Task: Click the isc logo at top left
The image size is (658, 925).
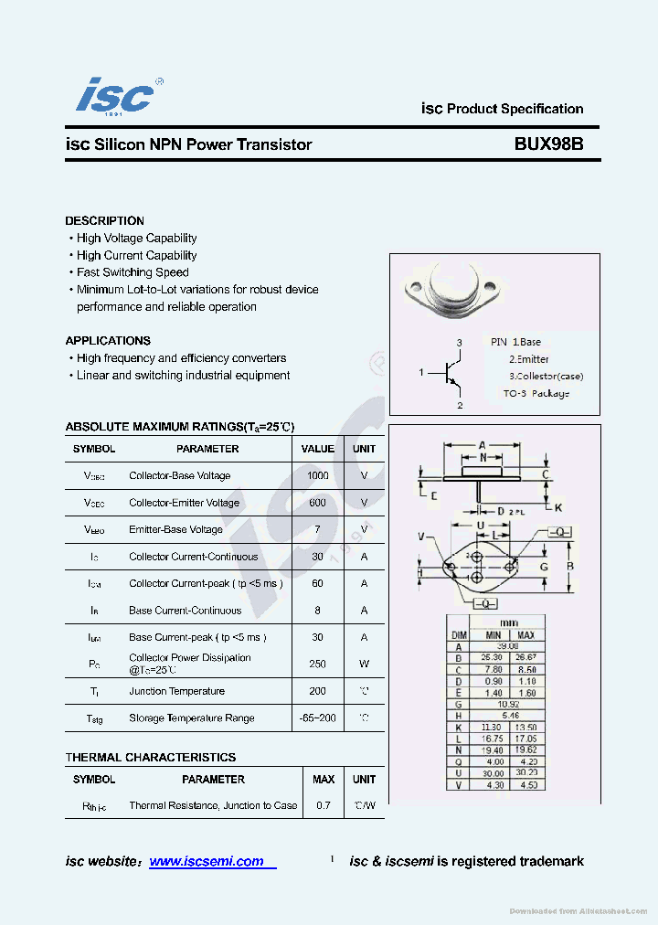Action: [x=116, y=95]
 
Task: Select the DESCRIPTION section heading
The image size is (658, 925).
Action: [x=104, y=221]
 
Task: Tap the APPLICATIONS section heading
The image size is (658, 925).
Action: [x=108, y=341]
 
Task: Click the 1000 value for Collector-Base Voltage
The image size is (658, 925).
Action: [x=318, y=476]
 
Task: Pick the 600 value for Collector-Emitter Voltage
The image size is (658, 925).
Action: [x=318, y=503]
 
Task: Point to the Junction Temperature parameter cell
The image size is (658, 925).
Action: [x=176, y=692]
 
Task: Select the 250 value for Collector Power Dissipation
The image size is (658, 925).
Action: [x=318, y=664]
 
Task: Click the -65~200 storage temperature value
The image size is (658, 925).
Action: [x=318, y=718]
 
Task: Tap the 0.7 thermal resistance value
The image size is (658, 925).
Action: [x=324, y=806]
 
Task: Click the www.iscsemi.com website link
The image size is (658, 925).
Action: [x=207, y=861]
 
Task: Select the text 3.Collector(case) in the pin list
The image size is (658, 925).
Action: [x=546, y=376]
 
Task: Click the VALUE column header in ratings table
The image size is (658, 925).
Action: [x=318, y=449]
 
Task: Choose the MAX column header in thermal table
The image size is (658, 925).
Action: [x=324, y=780]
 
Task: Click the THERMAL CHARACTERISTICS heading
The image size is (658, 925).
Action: [x=150, y=758]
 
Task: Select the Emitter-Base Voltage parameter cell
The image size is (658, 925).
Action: [x=175, y=529]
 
